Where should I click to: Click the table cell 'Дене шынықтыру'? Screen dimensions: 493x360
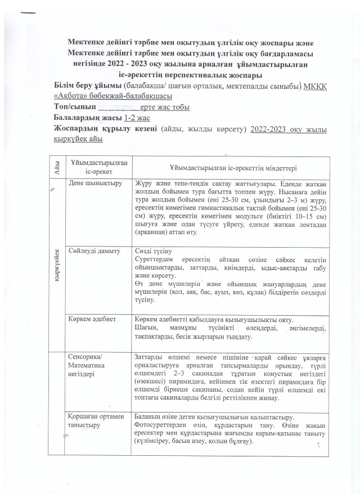[92, 183]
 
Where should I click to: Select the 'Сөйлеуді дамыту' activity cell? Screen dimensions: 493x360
[94, 250]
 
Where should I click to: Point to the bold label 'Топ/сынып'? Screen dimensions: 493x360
[74, 107]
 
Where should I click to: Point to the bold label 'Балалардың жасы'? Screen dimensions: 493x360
[87, 118]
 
